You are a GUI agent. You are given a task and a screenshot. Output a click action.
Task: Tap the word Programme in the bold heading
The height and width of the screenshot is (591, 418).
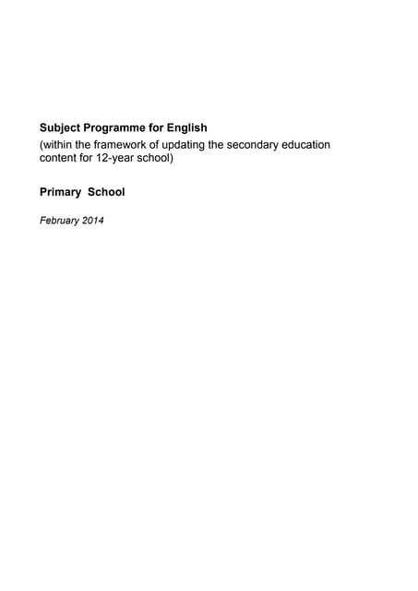[118, 127]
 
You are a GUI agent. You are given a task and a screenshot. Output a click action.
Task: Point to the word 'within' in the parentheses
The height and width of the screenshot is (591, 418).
[57, 145]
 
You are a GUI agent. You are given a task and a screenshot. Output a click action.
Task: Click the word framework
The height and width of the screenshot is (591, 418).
[125, 145]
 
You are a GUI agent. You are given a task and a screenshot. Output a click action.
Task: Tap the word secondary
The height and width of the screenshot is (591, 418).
[273, 145]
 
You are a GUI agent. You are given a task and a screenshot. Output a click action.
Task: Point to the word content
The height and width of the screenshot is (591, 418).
[59, 158]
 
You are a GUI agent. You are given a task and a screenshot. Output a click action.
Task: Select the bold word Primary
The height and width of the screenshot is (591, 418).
[60, 192]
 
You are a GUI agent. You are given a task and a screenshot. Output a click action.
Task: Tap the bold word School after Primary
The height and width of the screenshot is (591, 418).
[106, 192]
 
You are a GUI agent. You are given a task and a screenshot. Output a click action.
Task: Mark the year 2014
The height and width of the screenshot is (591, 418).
[92, 220]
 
